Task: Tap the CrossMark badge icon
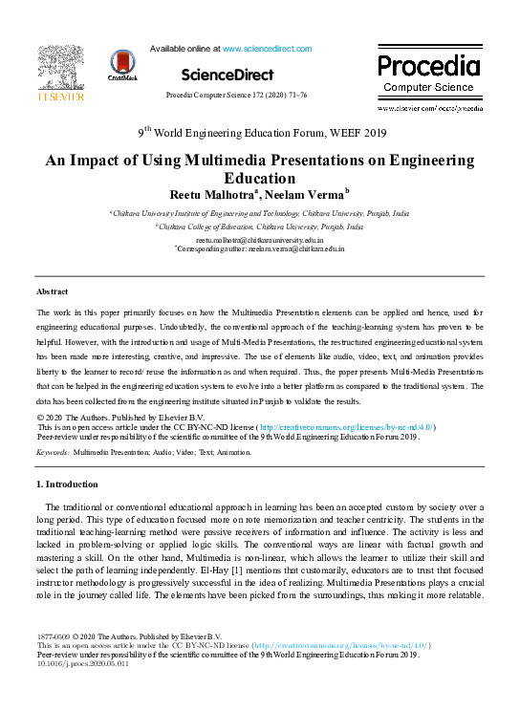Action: [x=122, y=66]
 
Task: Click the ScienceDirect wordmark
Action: [x=227, y=75]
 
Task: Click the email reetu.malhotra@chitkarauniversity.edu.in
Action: [x=258, y=240]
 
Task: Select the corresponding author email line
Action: [x=260, y=248]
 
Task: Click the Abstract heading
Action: [x=52, y=290]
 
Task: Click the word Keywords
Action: [x=53, y=450]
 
